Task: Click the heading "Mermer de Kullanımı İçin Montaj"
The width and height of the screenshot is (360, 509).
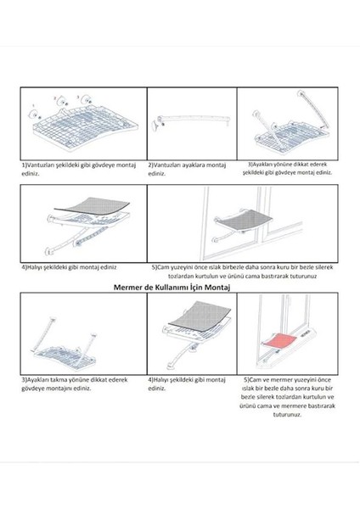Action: (x=172, y=288)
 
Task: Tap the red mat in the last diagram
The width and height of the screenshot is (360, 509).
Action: (x=280, y=341)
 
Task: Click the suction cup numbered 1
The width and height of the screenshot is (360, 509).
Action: (x=34, y=115)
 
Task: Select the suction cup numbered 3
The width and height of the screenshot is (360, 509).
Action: (x=87, y=99)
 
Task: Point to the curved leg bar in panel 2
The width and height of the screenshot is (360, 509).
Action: (x=194, y=120)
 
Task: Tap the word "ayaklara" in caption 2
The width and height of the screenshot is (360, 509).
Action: (x=194, y=165)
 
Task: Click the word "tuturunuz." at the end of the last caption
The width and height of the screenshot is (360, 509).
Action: (x=287, y=415)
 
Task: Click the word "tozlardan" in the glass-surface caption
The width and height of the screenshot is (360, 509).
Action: (x=181, y=277)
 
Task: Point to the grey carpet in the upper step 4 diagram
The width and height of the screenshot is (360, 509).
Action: (x=92, y=205)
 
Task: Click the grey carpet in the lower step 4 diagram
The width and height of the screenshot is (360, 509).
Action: (x=200, y=316)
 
